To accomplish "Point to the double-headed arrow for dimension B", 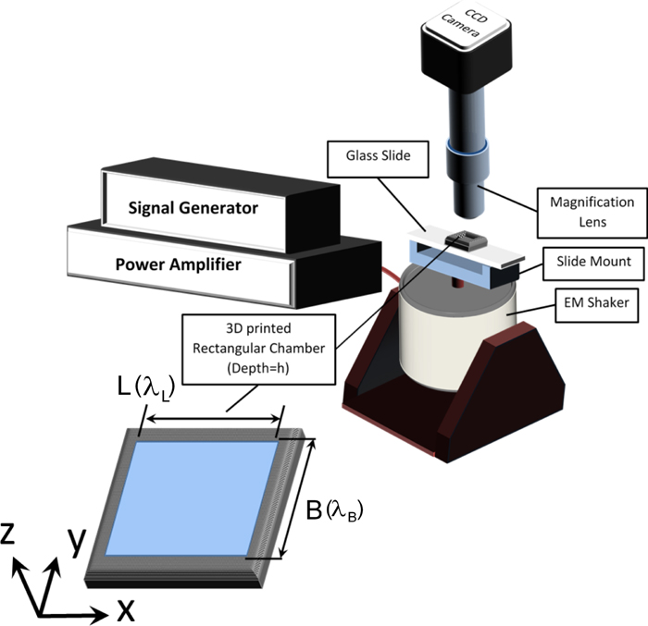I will (x=298, y=498).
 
